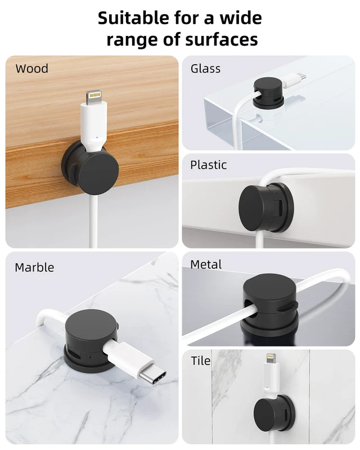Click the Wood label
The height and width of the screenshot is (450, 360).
tap(32, 69)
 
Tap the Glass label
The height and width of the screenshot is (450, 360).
tap(205, 69)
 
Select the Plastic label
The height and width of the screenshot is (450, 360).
tap(209, 165)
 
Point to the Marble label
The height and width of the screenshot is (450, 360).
tap(34, 267)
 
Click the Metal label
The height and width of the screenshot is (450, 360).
tap(206, 264)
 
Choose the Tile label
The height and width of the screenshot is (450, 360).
tap(201, 361)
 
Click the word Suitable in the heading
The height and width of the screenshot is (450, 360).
tap(133, 18)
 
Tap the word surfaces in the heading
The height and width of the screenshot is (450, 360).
tap(221, 39)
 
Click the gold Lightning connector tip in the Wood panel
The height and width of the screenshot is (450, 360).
tap(94, 94)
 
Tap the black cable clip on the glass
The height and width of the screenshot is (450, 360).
tap(268, 93)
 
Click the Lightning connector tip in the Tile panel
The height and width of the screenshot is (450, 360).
tap(271, 358)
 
